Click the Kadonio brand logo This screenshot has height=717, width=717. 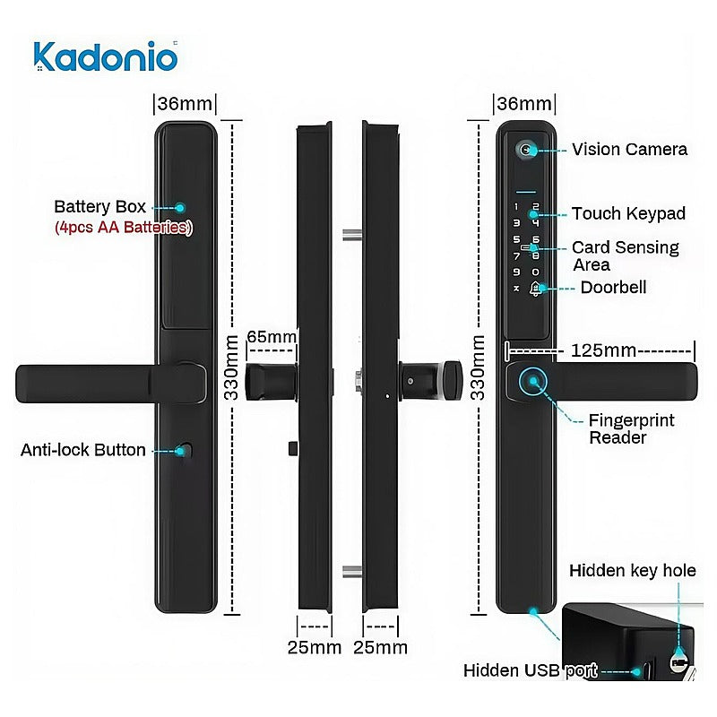coord(105,56)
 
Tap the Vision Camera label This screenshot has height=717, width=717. coord(630,150)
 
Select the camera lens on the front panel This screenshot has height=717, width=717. coord(526,150)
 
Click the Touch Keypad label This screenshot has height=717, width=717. coord(629,213)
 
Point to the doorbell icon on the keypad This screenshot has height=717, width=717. coord(535,289)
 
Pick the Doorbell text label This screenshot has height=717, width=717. coord(613,288)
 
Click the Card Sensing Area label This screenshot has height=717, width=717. coord(625,256)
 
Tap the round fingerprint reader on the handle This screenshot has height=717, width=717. coord(532,382)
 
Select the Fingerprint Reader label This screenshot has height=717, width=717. coord(631,429)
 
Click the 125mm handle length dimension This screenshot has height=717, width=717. coord(603,350)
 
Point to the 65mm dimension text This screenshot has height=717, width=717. coord(272,337)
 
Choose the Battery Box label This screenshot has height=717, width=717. coord(99,207)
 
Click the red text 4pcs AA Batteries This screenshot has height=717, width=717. coord(124,228)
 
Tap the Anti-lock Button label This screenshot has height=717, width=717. coord(83,450)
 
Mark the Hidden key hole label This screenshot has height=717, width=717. coord(633,571)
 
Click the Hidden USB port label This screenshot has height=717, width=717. coord(531,670)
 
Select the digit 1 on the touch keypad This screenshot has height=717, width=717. coord(516,207)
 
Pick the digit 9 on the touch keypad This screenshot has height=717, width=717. coord(516,272)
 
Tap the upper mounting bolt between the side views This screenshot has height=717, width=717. coord(352,236)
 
